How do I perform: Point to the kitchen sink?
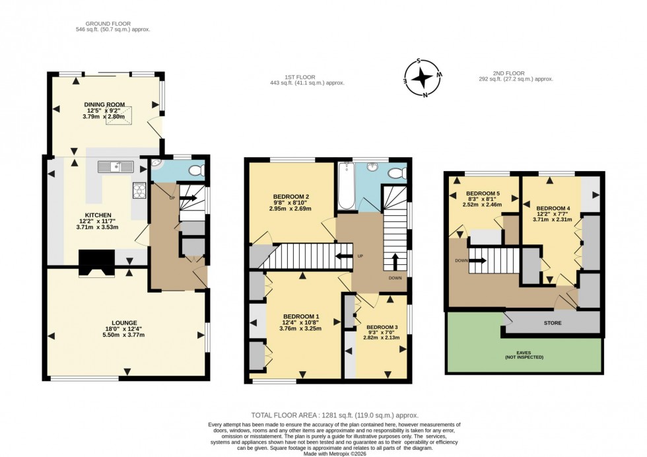116,166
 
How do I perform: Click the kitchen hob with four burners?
139,190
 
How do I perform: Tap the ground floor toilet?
196,172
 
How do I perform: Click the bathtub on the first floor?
346,187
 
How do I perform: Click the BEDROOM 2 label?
291,197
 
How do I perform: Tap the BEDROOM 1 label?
300,316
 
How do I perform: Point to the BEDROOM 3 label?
383,328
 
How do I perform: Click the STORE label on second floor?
553,324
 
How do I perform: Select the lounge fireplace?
96,263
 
